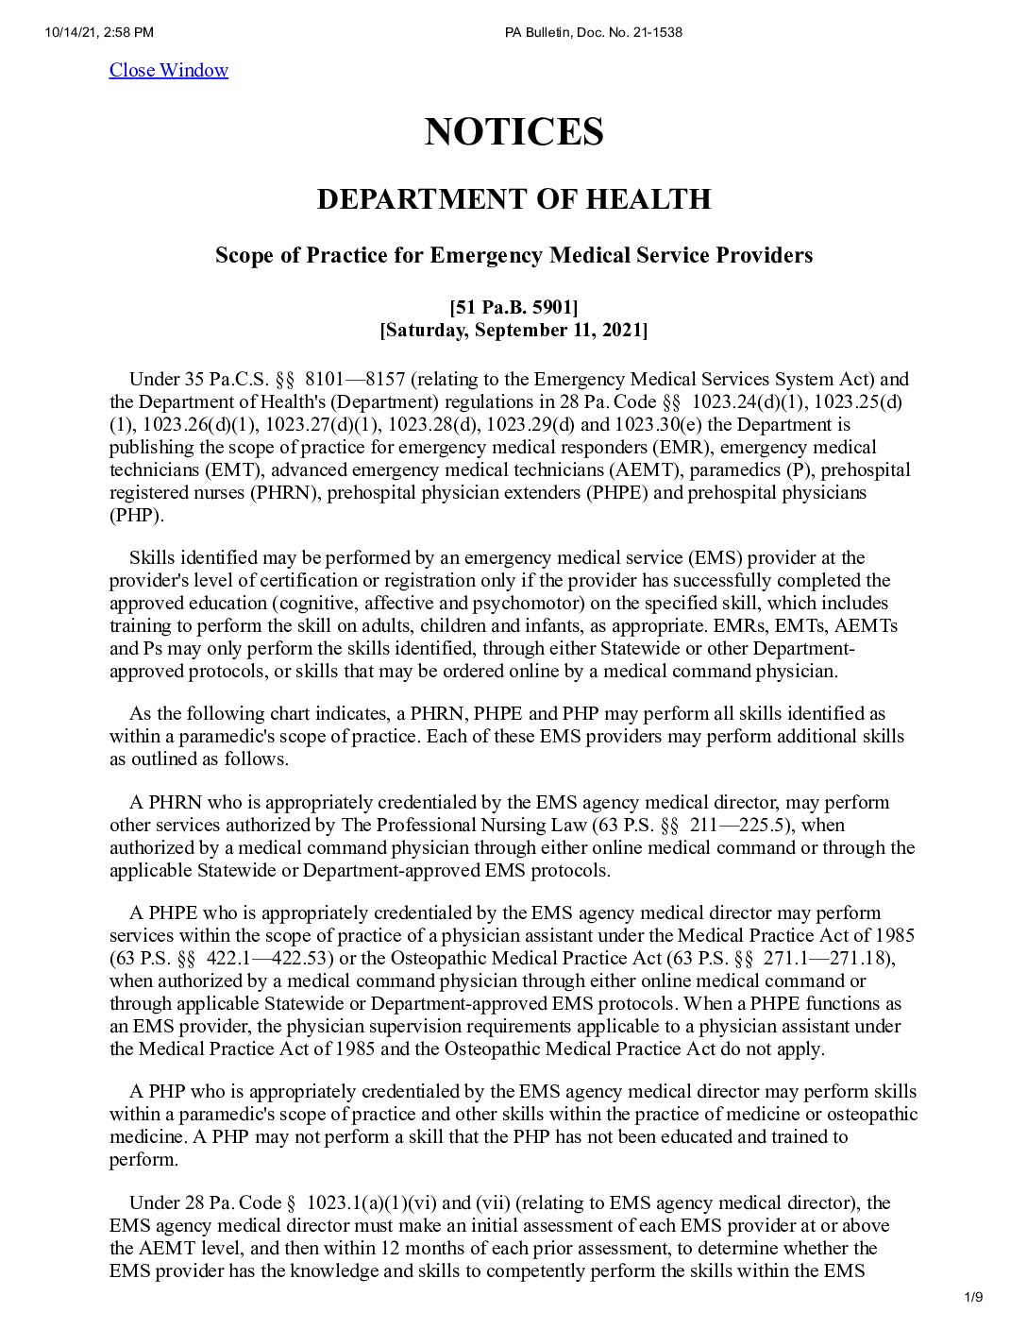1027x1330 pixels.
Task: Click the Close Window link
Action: click(x=168, y=70)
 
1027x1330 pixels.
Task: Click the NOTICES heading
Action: click(x=513, y=131)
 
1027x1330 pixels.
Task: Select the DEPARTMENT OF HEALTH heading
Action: click(x=513, y=199)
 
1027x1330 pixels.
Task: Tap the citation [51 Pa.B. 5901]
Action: click(x=513, y=307)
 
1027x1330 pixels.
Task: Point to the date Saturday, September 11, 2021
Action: click(x=513, y=330)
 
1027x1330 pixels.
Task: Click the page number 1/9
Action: click(x=974, y=1297)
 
